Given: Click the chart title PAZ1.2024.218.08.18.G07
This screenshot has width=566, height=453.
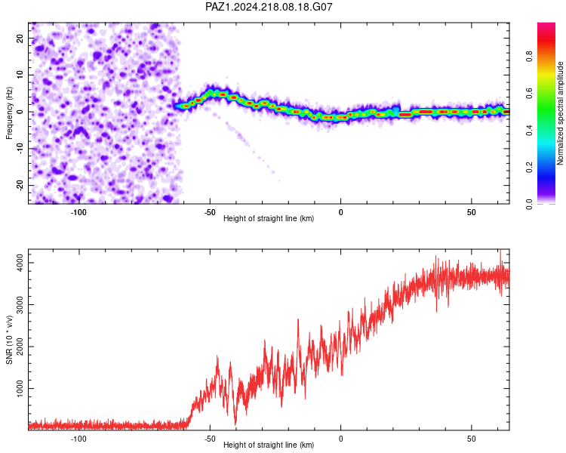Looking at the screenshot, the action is point(269,7).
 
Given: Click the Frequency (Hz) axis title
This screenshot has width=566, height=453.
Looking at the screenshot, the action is point(9,113).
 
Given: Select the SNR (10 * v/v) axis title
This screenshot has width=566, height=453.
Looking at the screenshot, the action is point(9,340).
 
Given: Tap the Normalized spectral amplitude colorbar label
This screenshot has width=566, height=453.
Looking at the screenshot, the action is point(560,113).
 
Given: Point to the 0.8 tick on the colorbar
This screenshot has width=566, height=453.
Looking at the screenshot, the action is point(529,57).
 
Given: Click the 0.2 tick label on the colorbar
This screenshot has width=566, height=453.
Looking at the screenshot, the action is point(529,168).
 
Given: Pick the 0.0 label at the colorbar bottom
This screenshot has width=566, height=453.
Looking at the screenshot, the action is point(529,205).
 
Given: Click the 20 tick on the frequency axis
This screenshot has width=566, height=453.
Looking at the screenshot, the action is point(20,38).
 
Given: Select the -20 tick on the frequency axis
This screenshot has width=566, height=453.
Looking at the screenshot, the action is point(20,186).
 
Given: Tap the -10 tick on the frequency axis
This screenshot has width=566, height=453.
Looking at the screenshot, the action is point(20,149).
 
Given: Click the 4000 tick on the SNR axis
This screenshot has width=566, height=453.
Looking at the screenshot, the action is point(20,263).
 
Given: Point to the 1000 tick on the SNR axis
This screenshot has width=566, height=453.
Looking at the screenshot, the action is point(20,388).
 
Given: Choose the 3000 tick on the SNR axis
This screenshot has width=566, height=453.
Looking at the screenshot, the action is point(20,304).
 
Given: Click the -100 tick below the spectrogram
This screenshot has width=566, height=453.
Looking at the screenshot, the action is point(78,212).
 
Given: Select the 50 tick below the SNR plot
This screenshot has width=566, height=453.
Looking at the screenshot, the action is point(472,439).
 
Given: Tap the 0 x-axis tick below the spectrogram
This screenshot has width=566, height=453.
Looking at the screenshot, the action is point(341,212).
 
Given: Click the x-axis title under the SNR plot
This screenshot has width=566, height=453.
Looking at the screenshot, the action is point(269,445).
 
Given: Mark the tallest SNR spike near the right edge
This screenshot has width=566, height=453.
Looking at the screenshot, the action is point(500,251).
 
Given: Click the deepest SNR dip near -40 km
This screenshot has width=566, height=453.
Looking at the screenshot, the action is point(235,424).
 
